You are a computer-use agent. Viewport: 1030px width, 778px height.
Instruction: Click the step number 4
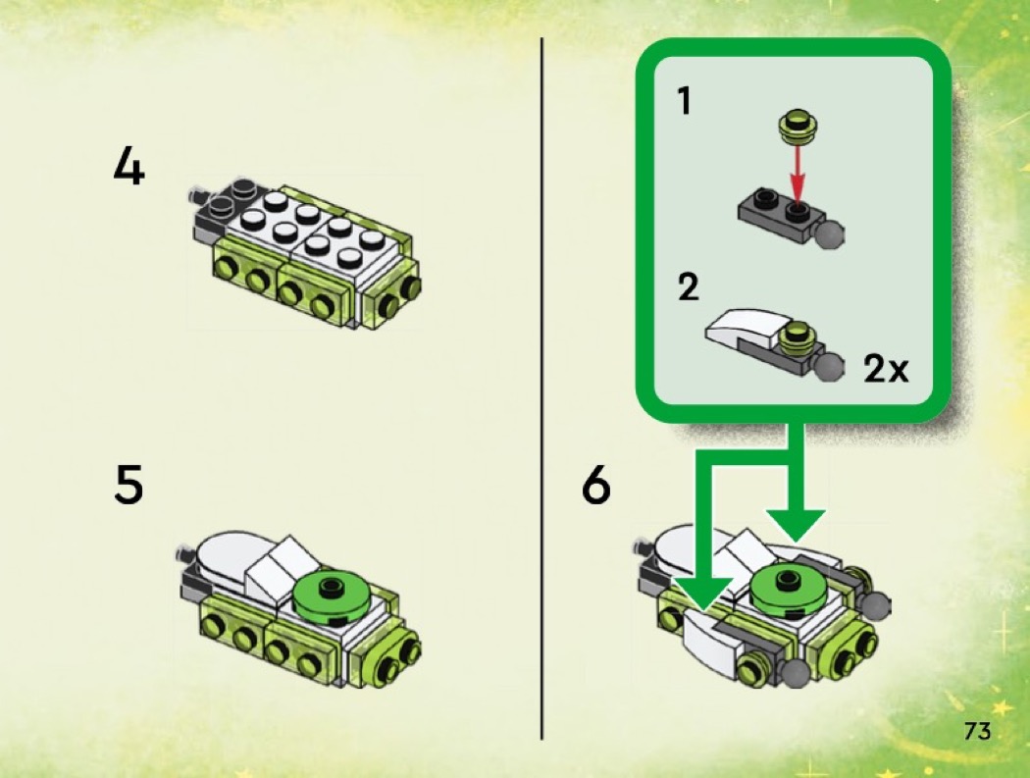click(129, 166)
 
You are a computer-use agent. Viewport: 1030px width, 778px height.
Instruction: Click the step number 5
click(129, 485)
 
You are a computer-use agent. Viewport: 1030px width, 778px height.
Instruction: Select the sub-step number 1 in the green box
click(685, 101)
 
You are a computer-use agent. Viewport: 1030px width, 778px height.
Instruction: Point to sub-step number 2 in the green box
click(689, 287)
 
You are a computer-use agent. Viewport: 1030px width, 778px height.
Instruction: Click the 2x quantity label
click(886, 369)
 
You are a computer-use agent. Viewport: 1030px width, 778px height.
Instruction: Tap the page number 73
click(977, 731)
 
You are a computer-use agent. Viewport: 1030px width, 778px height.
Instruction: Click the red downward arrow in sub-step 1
click(798, 173)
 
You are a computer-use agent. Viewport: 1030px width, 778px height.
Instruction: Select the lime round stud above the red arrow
click(798, 127)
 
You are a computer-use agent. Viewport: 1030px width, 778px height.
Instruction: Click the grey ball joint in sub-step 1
click(829, 234)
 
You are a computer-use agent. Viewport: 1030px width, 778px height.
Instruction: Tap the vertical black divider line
click(541, 389)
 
